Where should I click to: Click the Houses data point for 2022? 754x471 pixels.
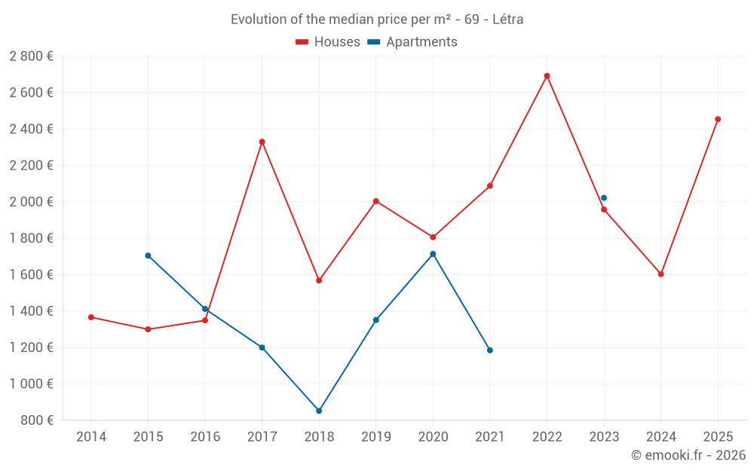(x=547, y=76)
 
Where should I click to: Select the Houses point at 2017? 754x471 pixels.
(x=262, y=142)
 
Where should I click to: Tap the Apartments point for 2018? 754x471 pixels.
(x=319, y=411)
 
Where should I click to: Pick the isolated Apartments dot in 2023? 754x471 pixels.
(x=604, y=198)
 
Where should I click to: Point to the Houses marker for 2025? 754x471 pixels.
(x=718, y=119)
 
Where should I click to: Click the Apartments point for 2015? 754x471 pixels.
(x=148, y=255)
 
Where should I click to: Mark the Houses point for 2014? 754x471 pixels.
(x=91, y=317)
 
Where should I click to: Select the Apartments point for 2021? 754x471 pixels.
(x=490, y=350)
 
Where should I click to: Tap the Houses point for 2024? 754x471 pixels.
(x=661, y=274)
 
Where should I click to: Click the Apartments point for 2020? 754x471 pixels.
(x=433, y=254)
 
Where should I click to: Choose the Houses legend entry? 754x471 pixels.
(x=328, y=42)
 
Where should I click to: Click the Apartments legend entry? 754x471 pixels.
(x=412, y=42)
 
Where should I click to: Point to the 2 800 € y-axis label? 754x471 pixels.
(x=32, y=57)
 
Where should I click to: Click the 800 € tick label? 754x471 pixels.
(x=38, y=421)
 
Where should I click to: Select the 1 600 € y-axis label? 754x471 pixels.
(x=32, y=275)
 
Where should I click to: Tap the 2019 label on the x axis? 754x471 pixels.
(x=375, y=437)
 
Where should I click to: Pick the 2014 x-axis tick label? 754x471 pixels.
(x=91, y=437)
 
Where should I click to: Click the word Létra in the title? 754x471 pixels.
(x=507, y=20)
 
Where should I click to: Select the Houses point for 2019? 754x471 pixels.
(x=375, y=201)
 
